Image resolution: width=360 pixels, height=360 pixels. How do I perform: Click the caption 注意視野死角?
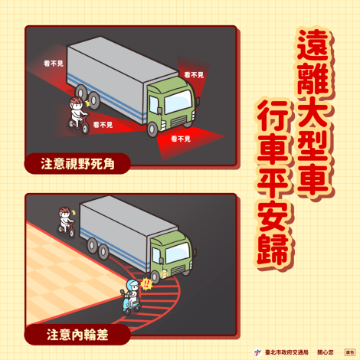tap(76, 162)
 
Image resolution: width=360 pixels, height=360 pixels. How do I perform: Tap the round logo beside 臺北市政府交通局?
tap(257, 352)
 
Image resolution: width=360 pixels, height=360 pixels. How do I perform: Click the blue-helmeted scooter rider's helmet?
tap(129, 286)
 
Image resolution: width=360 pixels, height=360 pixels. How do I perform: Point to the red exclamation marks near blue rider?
tap(146, 283)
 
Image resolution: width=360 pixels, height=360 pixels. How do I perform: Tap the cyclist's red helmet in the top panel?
tap(75, 102)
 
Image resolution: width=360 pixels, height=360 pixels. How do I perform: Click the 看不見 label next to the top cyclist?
tap(102, 124)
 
